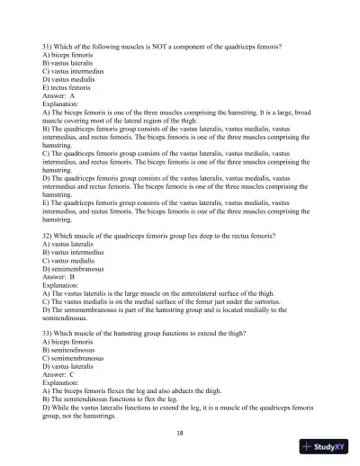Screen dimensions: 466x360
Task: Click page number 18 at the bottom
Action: click(x=180, y=433)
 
